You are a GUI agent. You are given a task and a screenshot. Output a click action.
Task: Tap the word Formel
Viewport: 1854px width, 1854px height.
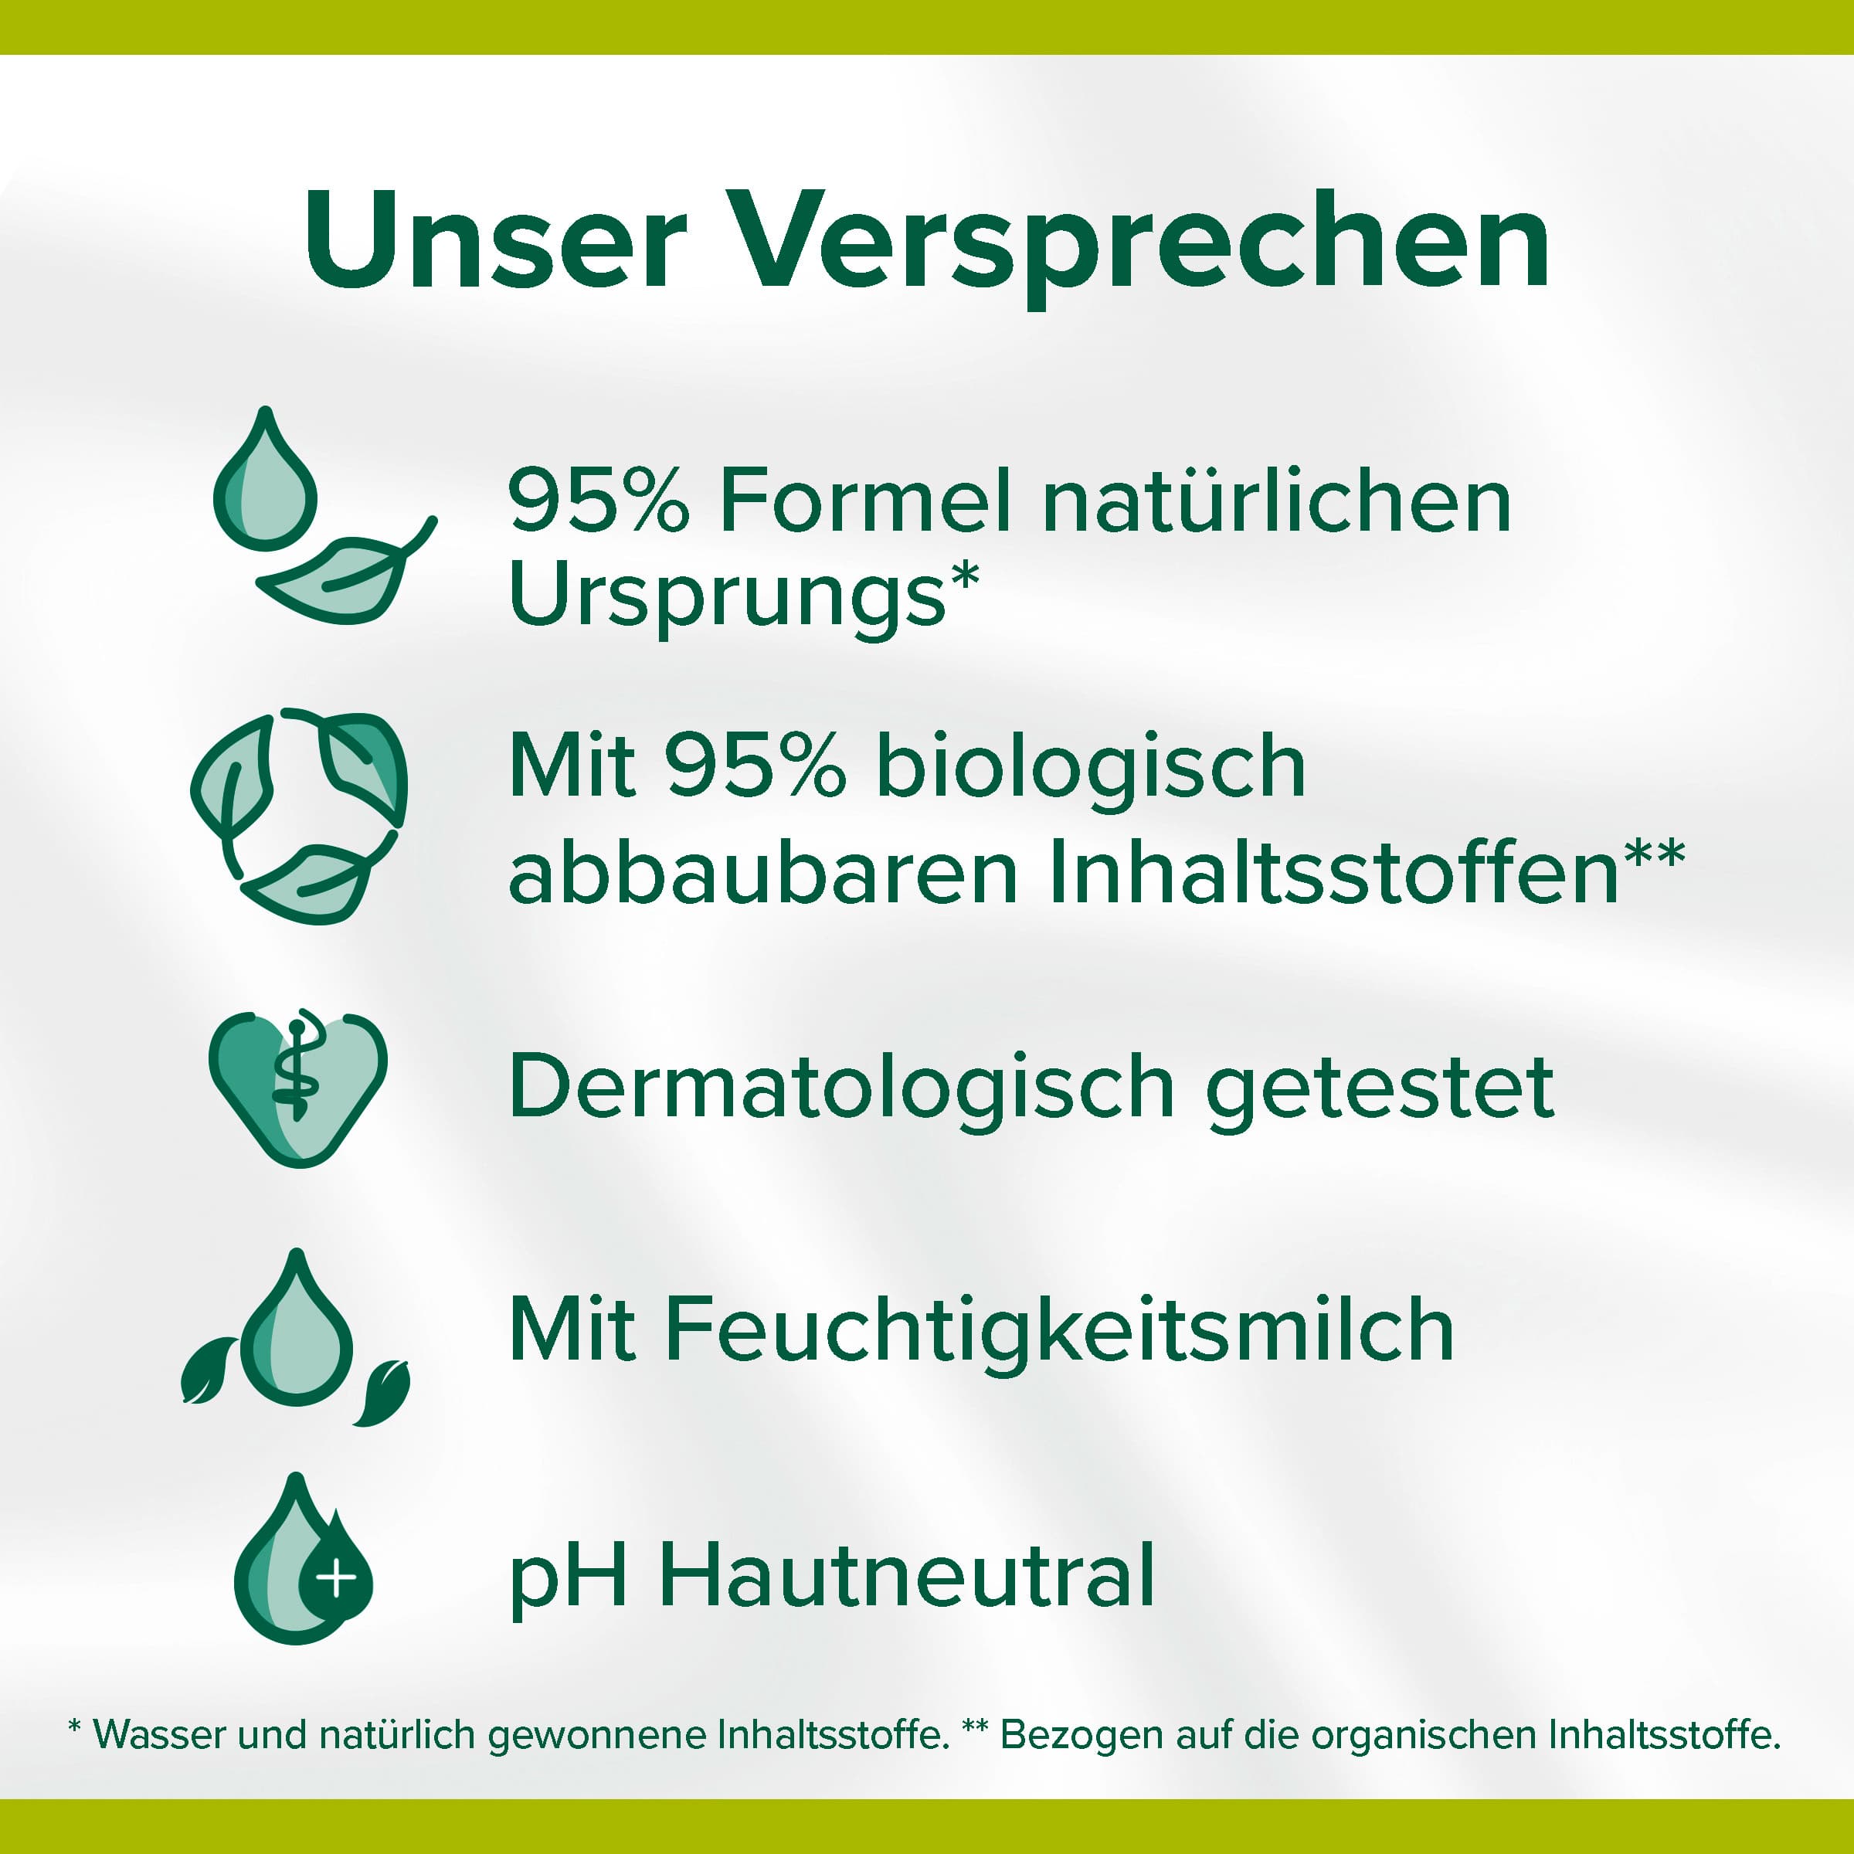pyautogui.click(x=864, y=500)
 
